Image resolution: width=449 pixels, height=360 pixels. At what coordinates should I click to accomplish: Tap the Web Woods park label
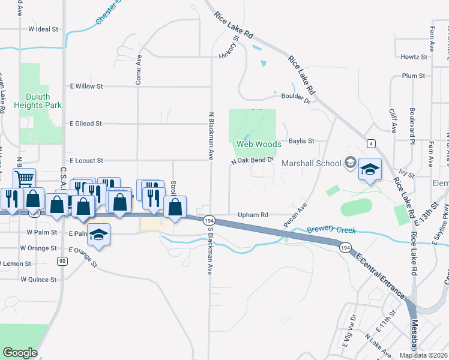tap(258, 144)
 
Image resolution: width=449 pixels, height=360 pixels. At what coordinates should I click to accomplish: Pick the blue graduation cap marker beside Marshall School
tap(370, 170)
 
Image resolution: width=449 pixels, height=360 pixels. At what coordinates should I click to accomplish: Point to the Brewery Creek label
tap(332, 230)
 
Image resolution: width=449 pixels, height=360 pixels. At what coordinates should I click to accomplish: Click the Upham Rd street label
tap(252, 214)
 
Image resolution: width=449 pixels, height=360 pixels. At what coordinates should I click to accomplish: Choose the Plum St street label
tap(414, 76)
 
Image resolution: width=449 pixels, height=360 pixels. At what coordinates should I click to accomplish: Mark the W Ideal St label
tap(43, 29)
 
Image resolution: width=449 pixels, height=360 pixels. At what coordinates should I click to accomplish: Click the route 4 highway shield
tap(372, 143)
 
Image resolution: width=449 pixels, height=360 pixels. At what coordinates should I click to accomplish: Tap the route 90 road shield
tap(62, 260)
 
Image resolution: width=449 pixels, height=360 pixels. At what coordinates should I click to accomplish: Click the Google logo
tap(20, 352)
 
